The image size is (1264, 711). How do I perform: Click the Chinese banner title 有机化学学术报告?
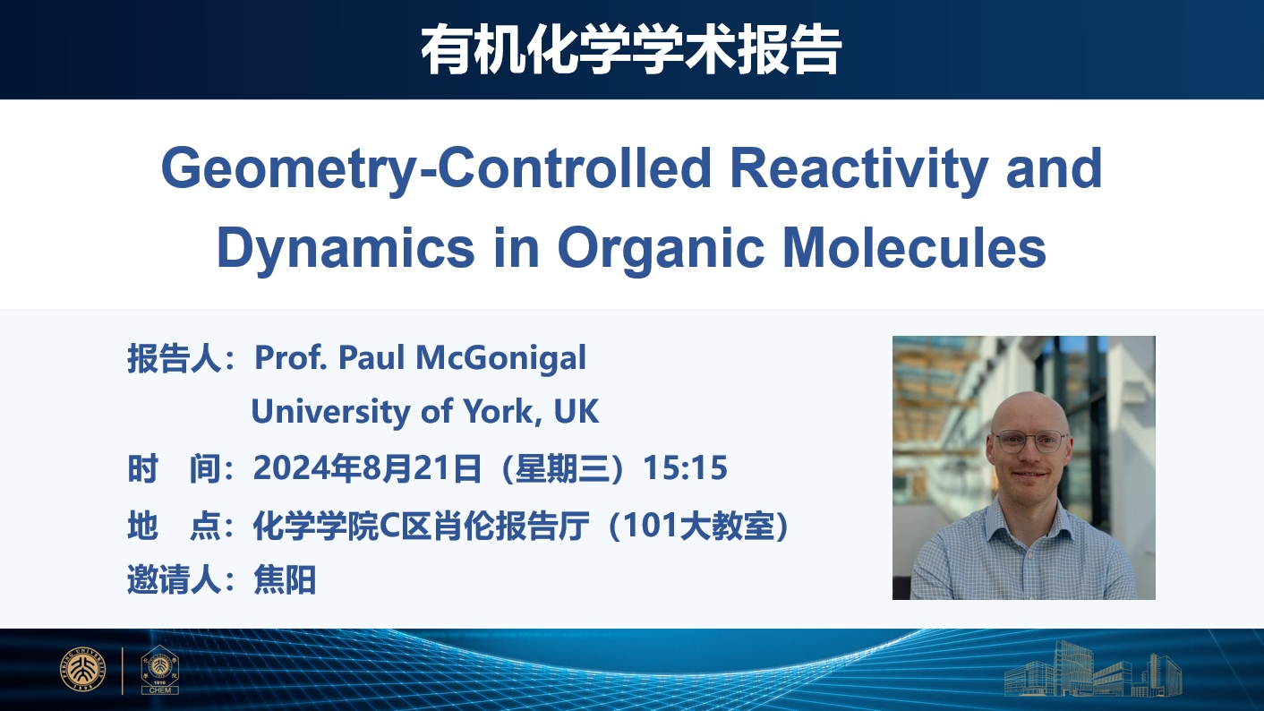click(x=631, y=49)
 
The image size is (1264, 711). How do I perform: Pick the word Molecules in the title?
click(x=915, y=247)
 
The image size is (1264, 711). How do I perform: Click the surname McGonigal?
click(x=500, y=359)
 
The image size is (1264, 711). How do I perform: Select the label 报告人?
click(x=174, y=358)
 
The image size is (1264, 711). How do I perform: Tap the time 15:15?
click(x=685, y=467)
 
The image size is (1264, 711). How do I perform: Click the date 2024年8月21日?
click(x=367, y=468)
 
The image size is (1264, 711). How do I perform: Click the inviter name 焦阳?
click(x=285, y=579)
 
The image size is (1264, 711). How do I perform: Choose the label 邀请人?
click(x=174, y=579)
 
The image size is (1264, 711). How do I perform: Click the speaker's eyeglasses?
click(x=1030, y=441)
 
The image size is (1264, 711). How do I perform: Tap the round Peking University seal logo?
click(x=83, y=669)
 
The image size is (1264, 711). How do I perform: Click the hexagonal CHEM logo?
click(x=159, y=669)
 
